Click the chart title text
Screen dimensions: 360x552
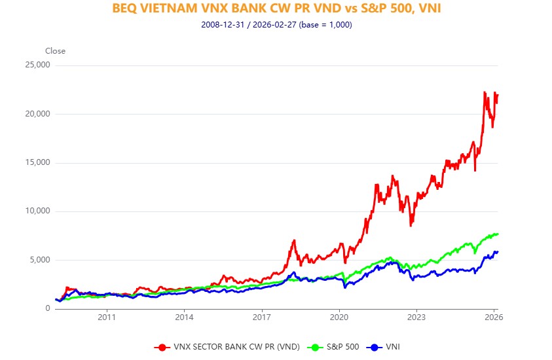pos(276,9)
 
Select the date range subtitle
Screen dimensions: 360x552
pos(276,25)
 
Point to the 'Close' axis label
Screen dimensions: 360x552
pos(55,51)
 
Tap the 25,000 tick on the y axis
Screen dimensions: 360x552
pos(37,65)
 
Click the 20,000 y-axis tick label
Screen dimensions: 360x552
pos(37,114)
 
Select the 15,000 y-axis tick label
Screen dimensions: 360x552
pos(37,163)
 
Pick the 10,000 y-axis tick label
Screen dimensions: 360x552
pos(37,211)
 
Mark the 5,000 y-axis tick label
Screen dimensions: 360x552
pos(39,260)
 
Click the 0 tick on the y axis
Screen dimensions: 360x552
pos(48,308)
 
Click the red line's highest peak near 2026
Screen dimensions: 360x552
pos(484,92)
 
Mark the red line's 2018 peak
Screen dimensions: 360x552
pos(294,240)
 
